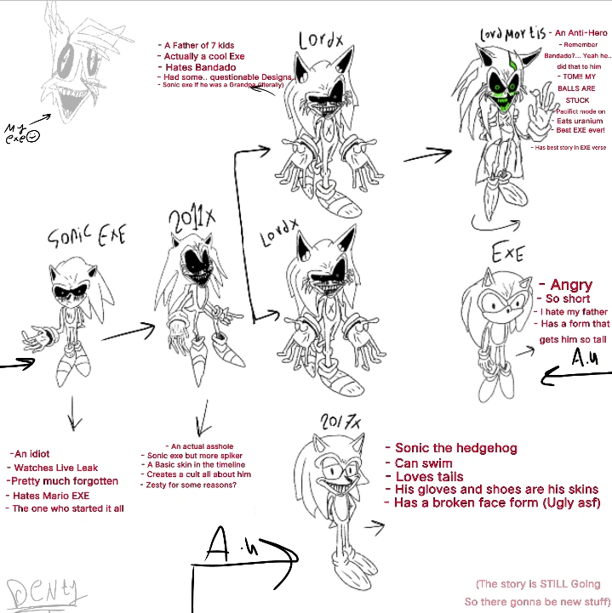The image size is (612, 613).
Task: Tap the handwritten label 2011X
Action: (192, 223)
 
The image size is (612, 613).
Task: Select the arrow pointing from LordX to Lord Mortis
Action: (426, 156)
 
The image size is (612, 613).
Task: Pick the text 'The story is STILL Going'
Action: (538, 584)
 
